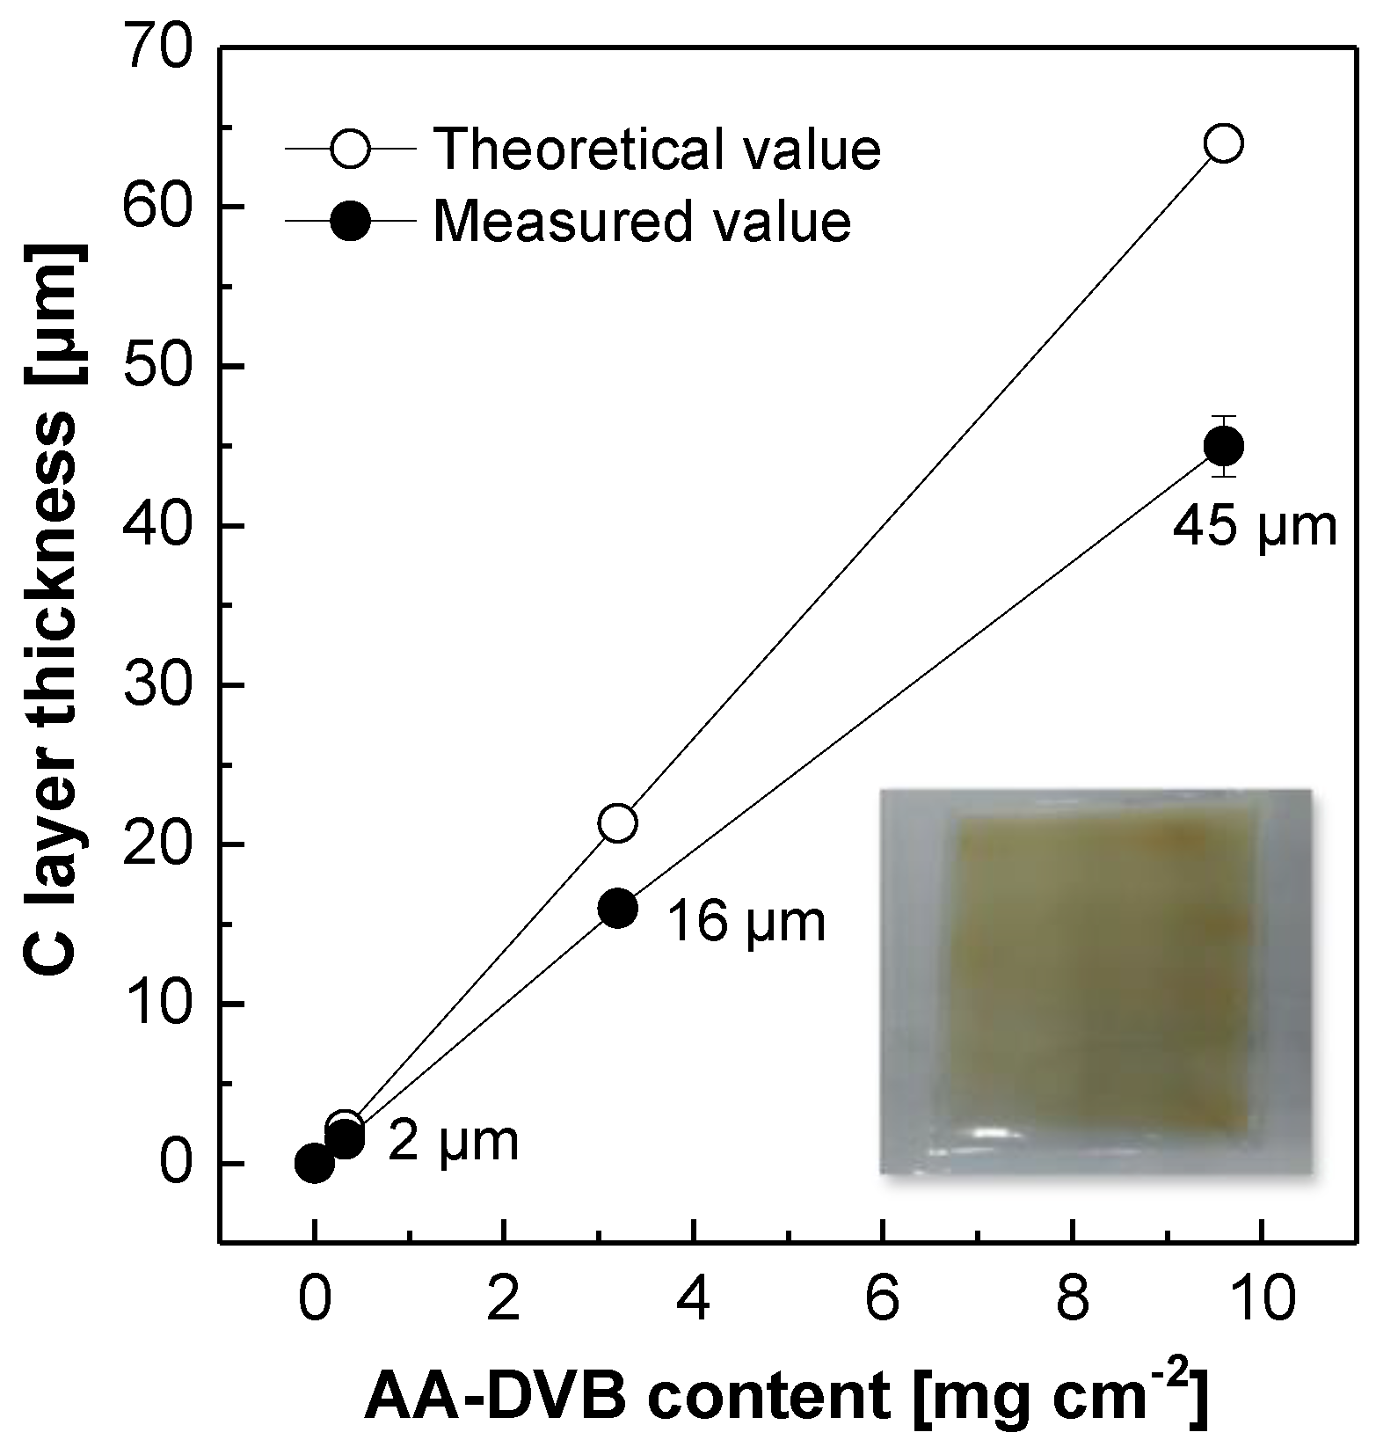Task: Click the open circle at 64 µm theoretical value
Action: [1224, 143]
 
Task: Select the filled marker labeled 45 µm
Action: [1224, 446]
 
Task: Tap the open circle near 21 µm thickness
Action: [617, 822]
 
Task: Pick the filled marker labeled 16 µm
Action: [617, 909]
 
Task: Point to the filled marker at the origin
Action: [314, 1164]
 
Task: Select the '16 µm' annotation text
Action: [746, 922]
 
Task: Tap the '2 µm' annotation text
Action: [453, 1141]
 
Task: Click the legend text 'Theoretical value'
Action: [657, 149]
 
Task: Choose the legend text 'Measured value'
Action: [642, 221]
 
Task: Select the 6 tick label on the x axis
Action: [883, 1300]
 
